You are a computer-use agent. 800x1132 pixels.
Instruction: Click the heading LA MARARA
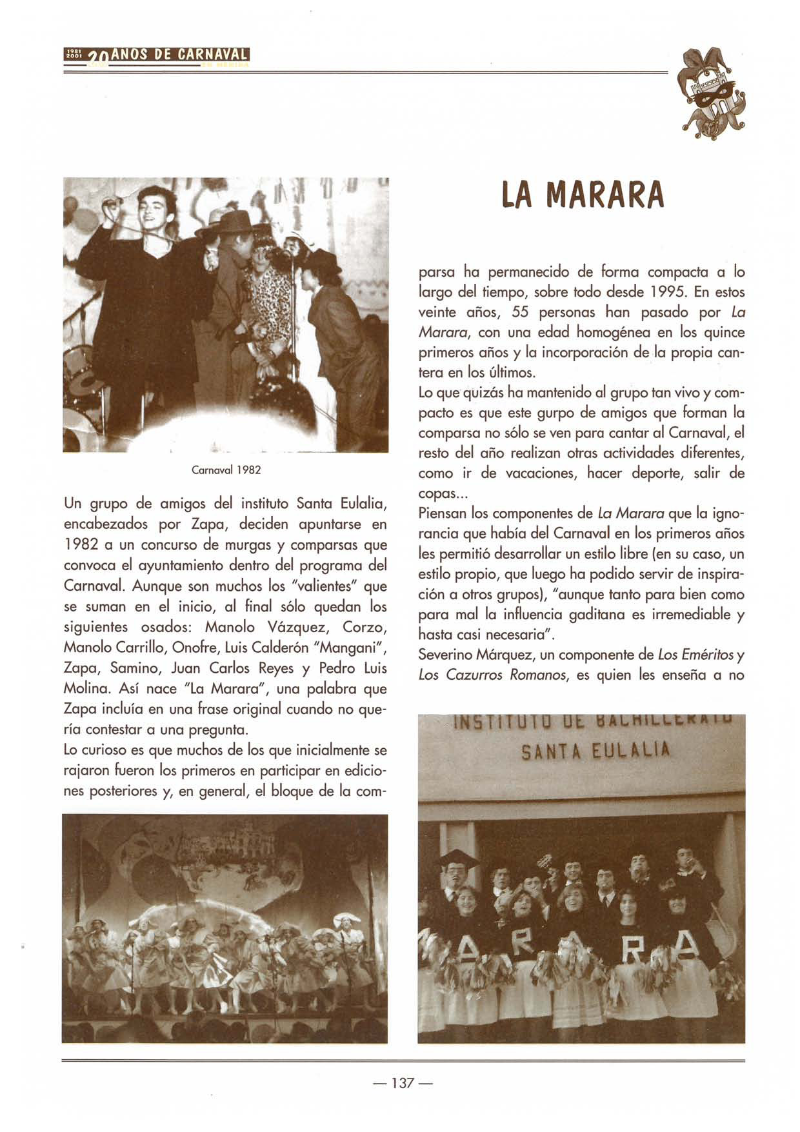[x=582, y=194]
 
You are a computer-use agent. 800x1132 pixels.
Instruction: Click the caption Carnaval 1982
[x=226, y=470]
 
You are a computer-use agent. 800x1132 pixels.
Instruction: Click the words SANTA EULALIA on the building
[x=595, y=751]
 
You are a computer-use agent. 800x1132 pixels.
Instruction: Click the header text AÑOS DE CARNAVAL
[x=180, y=55]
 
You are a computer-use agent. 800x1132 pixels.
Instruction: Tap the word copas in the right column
[x=437, y=493]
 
